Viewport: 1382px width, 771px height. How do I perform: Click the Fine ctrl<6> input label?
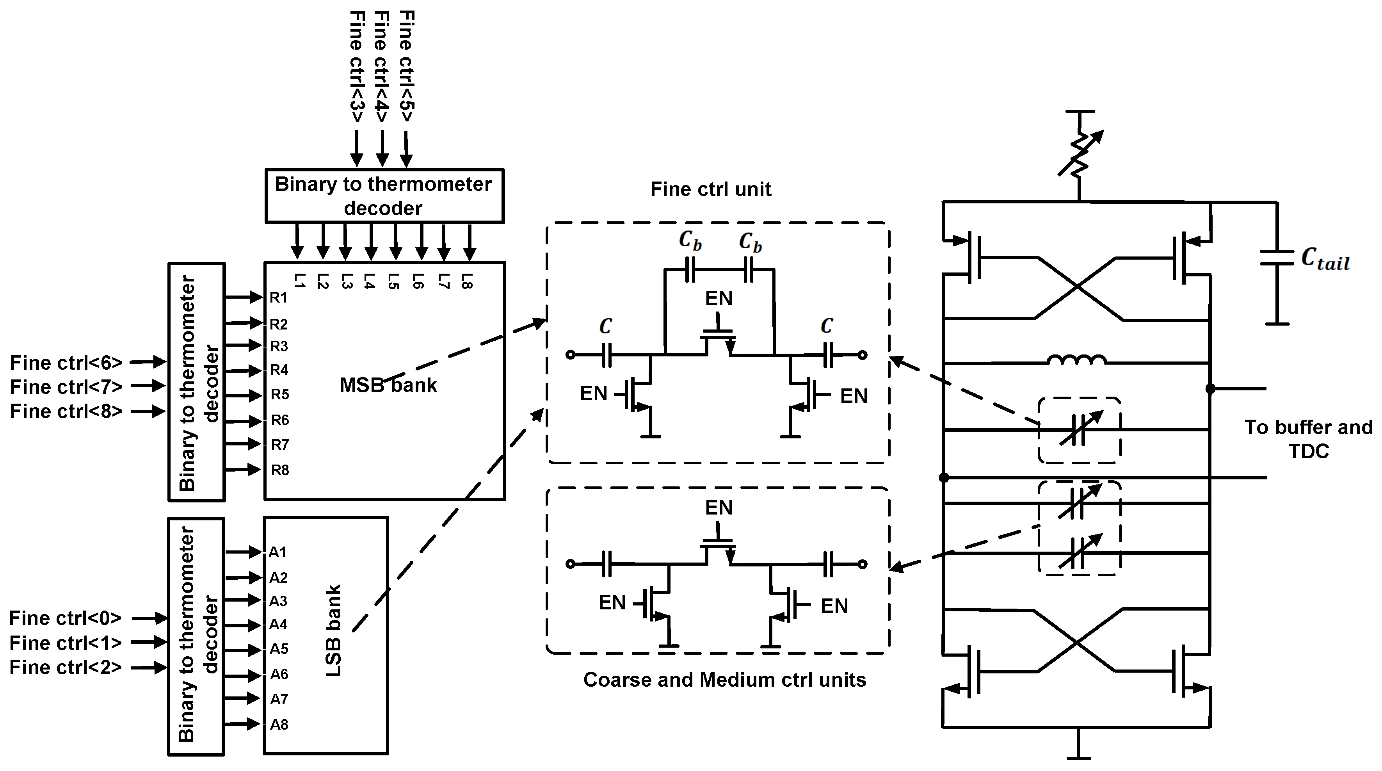(x=66, y=363)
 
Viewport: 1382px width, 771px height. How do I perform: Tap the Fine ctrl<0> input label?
(x=65, y=618)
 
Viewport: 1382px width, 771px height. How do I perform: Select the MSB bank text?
(x=388, y=385)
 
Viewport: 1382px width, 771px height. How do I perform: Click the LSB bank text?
(x=334, y=631)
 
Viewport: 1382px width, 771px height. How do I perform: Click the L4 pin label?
(x=368, y=281)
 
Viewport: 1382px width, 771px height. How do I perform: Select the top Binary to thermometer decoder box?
(x=384, y=196)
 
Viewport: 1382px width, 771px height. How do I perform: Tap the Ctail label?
(x=1325, y=259)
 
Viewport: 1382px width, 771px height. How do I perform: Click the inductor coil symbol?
(x=1077, y=360)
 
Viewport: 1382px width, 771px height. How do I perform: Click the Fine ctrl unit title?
(x=710, y=189)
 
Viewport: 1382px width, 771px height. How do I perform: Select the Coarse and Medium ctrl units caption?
(x=724, y=680)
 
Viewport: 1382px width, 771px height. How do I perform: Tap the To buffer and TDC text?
(x=1308, y=439)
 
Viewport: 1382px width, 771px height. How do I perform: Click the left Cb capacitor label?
(x=690, y=241)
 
